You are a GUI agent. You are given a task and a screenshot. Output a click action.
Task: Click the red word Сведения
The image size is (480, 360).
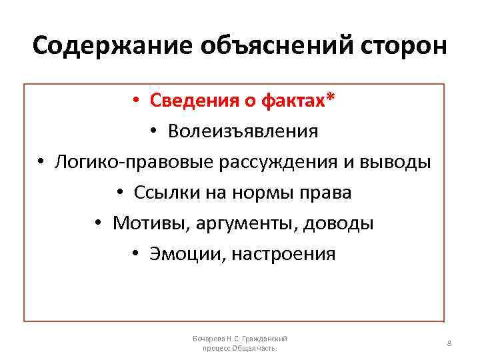[190, 101]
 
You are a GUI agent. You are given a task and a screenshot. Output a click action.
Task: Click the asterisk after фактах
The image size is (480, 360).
[331, 99]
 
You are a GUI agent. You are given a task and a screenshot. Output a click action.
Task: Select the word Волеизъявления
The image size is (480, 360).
[243, 131]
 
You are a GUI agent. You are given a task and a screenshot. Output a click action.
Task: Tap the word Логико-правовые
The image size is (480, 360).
[125, 162]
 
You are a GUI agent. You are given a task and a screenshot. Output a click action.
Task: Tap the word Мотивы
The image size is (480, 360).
[151, 223]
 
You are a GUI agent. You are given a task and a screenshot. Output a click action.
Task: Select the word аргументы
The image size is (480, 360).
[246, 223]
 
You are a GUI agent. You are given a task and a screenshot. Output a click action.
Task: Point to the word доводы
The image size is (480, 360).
[338, 223]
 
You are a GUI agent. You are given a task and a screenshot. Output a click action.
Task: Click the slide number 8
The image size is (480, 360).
[449, 343]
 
